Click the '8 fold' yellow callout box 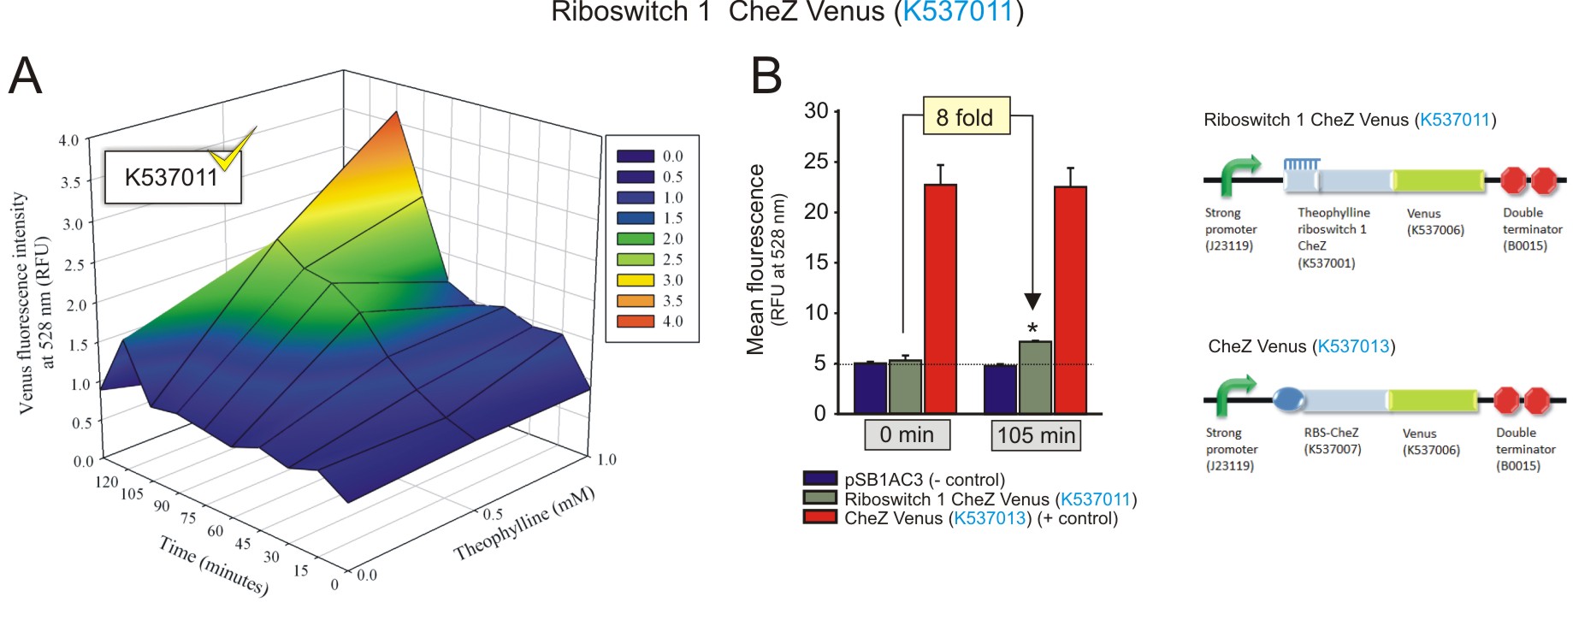point(966,116)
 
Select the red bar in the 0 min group point(940,298)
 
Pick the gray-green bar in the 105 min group point(1035,377)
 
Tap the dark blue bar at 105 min point(1000,389)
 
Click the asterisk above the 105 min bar point(1032,329)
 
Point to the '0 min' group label point(906,434)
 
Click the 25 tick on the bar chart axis point(816,161)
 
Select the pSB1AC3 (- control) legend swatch point(819,479)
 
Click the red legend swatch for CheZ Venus point(819,517)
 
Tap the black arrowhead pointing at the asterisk point(1032,301)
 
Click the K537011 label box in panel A point(172,177)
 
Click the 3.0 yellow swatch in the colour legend point(635,280)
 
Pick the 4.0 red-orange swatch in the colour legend point(635,321)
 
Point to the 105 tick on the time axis point(132,493)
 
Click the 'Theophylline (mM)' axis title point(523,523)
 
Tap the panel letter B point(766,75)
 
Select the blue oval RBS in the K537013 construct point(1288,399)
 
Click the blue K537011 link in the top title point(957,12)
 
